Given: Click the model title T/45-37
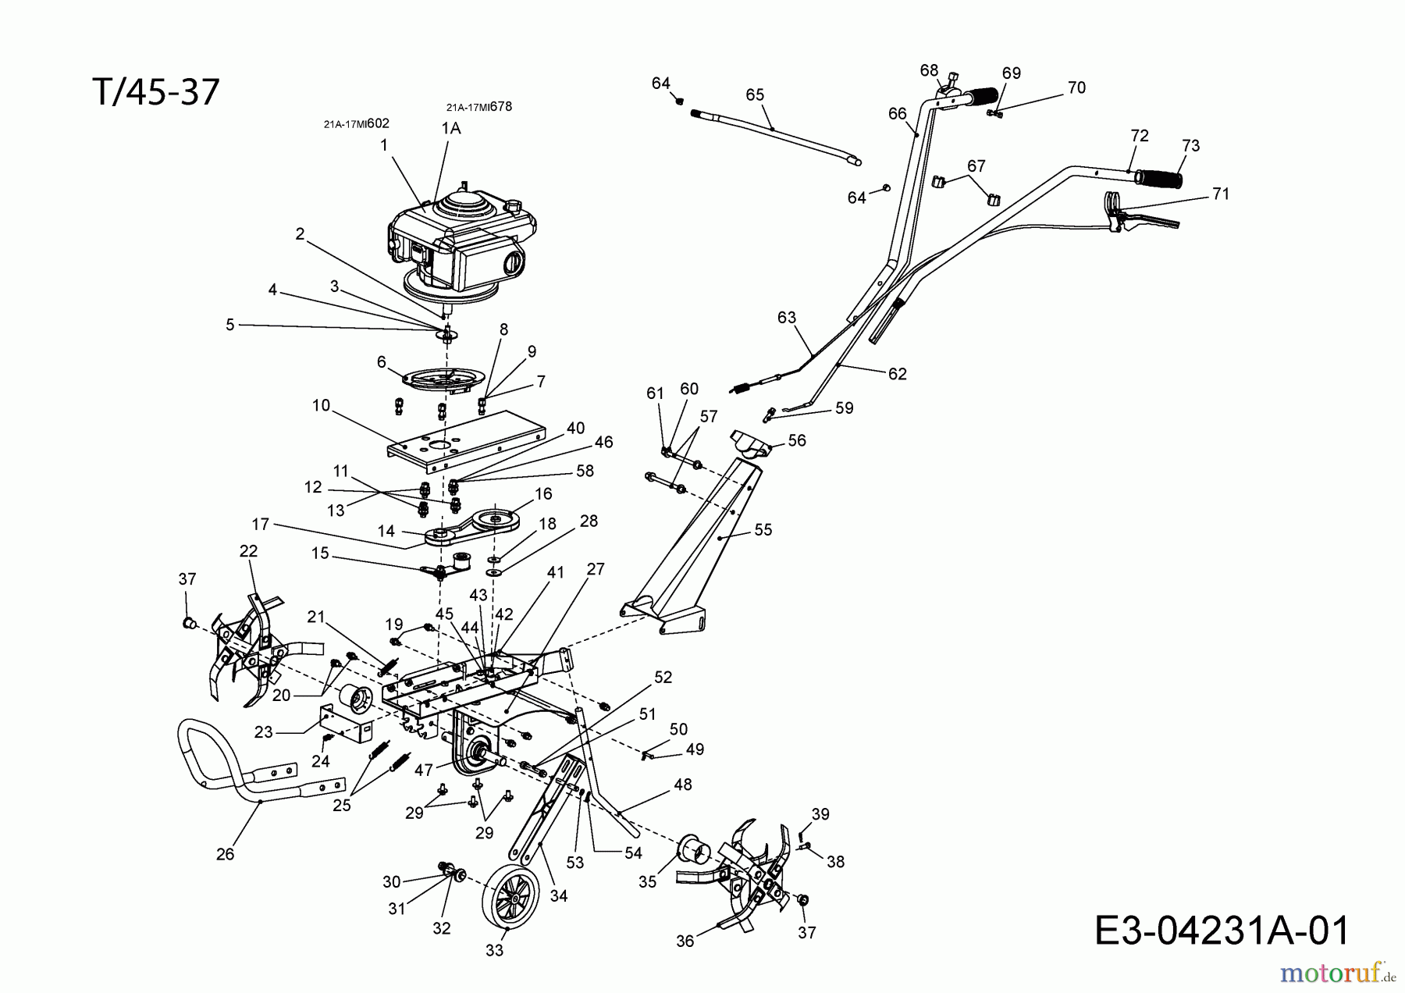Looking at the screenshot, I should click(155, 92).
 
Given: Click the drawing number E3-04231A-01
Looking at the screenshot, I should click(1222, 931).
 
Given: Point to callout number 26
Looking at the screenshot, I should click(225, 854).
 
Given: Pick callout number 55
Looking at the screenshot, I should click(763, 529).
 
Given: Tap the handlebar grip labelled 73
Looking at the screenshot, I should click(1158, 180).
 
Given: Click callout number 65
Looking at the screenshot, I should click(755, 94).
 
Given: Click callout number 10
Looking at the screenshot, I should click(321, 405).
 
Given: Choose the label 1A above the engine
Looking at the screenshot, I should click(451, 129).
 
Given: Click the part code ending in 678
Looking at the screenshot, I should click(479, 107).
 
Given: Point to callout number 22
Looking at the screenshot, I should click(248, 550).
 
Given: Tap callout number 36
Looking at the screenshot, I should click(685, 941).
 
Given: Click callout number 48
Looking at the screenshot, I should click(683, 785).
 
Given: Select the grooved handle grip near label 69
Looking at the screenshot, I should click(983, 99).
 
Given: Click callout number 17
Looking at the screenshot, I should click(260, 525).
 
